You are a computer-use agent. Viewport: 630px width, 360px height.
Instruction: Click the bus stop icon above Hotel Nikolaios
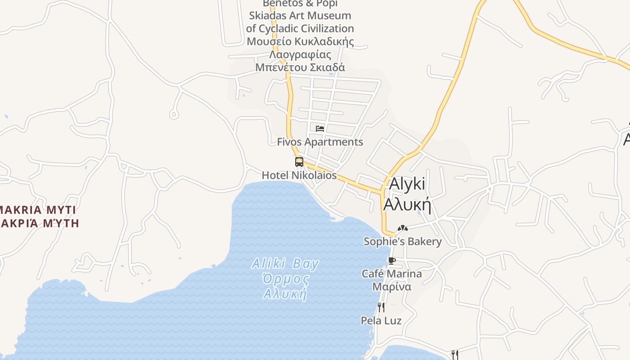coord(299,162)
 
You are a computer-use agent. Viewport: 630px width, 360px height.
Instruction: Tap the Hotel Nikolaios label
coord(299,175)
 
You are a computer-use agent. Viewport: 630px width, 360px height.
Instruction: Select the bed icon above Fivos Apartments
coord(320,129)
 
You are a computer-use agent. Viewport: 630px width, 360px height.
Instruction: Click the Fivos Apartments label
coord(320,142)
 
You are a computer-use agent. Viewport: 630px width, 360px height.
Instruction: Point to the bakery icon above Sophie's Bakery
coord(402,229)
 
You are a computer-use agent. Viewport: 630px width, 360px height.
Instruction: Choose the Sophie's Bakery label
coord(402,242)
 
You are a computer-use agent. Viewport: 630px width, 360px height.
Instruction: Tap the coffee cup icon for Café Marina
coord(392,261)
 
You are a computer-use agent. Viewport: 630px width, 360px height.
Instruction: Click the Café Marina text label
coord(392,274)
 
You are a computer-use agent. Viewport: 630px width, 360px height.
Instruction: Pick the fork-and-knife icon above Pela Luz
coord(381,307)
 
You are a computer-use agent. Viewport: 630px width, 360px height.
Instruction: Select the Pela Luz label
coord(381,320)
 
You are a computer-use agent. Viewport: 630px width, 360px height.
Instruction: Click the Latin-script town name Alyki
coord(407,184)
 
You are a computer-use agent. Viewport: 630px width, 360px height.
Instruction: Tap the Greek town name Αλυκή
coord(407,205)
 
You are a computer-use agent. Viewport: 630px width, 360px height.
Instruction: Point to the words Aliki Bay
coord(285,264)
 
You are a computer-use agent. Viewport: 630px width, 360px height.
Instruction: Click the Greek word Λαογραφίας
coord(300,55)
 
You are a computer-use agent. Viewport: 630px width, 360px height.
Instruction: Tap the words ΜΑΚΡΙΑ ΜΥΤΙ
coord(38,210)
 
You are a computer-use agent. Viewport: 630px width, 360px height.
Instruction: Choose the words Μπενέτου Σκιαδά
coord(300,67)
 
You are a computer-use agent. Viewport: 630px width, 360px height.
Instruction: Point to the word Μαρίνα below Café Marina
coord(392,287)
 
